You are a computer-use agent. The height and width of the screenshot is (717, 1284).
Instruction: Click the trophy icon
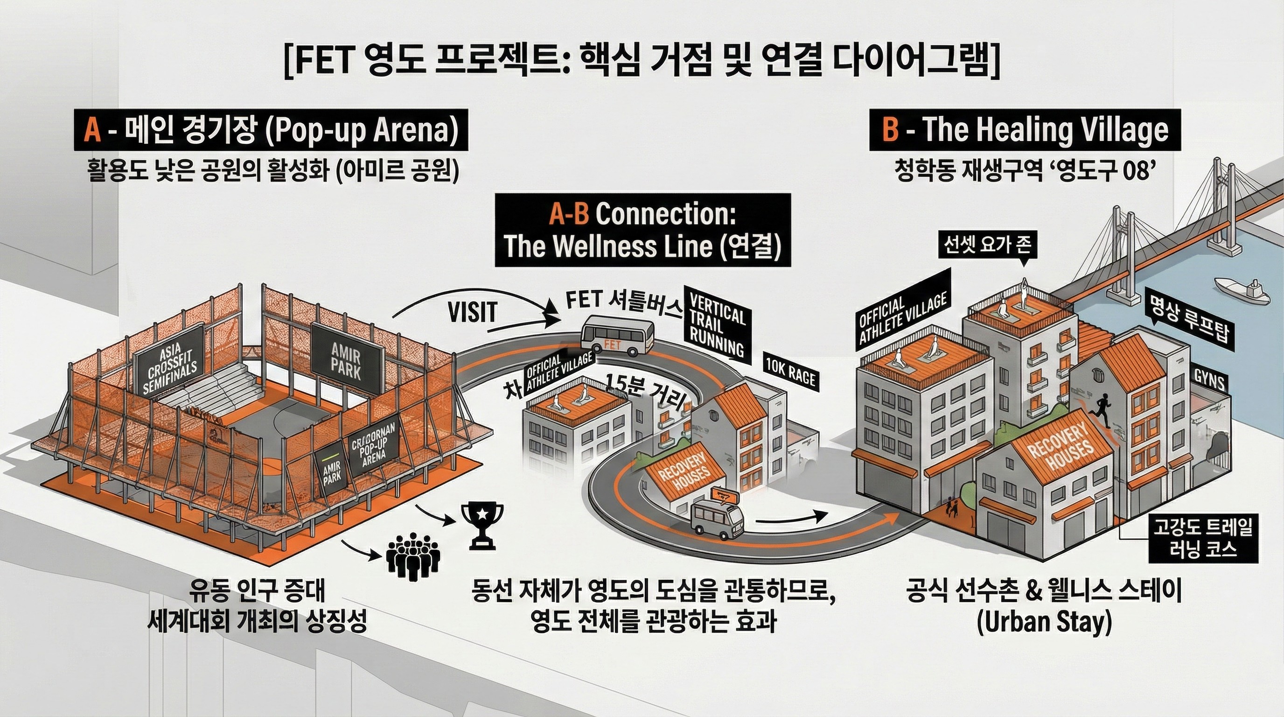482,525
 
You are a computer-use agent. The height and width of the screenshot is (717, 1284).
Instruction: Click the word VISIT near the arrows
472,313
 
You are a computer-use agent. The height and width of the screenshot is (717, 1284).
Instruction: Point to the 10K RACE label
790,373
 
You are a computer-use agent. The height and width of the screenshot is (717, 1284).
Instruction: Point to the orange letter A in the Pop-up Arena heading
93,130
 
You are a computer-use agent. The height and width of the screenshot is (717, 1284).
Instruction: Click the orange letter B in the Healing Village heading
890,129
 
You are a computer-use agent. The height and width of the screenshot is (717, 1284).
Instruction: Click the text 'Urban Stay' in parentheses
1044,623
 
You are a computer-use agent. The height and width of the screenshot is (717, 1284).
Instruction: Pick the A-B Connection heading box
642,230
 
